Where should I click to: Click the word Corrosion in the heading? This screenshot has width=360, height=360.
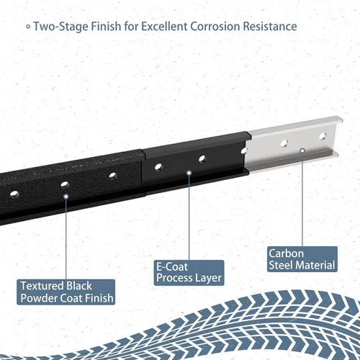(215, 26)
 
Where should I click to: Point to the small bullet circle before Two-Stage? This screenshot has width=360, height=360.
(28, 27)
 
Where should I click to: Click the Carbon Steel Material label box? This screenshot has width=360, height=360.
(302, 259)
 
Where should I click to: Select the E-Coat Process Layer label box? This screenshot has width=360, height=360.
(189, 273)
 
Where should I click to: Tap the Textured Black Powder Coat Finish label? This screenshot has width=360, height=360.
(66, 292)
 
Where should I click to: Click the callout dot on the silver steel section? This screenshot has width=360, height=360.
(302, 150)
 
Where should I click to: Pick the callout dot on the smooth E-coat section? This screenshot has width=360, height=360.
(189, 173)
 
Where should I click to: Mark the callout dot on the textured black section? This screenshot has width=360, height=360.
(66, 197)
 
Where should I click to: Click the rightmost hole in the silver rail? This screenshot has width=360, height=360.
(323, 136)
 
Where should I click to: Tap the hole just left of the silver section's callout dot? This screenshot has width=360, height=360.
(284, 143)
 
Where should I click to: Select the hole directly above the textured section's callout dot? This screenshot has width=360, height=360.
(65, 185)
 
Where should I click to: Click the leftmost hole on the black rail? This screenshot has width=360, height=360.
(14, 194)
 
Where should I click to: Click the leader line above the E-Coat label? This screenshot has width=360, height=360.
(189, 217)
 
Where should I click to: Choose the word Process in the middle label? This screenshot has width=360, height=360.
(174, 278)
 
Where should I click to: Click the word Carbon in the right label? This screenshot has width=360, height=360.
(287, 253)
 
